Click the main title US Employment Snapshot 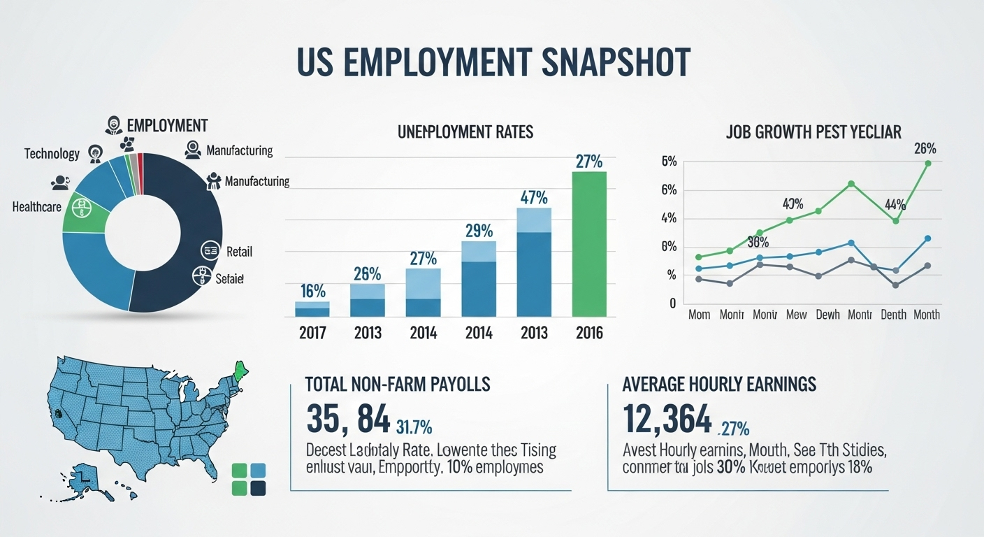[x=493, y=63]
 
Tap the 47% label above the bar [x=534, y=198]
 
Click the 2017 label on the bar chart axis [x=312, y=333]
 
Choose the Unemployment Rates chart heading [x=465, y=131]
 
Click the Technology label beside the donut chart [x=52, y=153]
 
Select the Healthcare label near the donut [x=36, y=207]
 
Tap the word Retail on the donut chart [x=239, y=251]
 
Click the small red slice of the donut [x=140, y=164]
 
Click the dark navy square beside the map [x=257, y=488]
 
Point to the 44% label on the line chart [x=895, y=205]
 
